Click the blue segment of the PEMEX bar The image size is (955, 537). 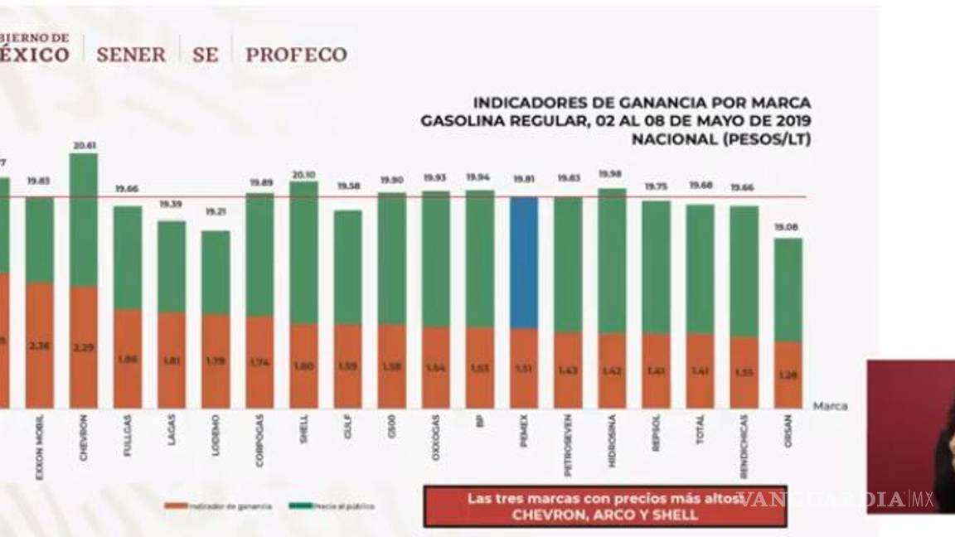523,262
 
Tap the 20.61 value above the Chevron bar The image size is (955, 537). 84,145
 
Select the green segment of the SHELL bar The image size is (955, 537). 303,252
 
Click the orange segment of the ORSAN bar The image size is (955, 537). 788,375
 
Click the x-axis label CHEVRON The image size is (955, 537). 84,441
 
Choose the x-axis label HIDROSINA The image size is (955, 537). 612,441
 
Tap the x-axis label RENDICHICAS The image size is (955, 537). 744,446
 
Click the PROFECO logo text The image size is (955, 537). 296,55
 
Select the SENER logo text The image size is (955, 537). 131,55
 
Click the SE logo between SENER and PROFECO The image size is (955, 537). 205,55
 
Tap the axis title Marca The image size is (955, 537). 830,406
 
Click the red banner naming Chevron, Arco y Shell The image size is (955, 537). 604,506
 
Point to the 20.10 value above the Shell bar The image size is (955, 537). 303,174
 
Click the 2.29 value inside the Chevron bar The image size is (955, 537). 84,346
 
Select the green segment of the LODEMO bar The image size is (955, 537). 216,272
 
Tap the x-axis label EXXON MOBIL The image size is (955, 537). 39,439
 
